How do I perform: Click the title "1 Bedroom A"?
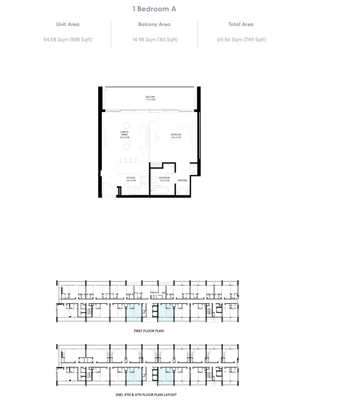pyautogui.click(x=154, y=9)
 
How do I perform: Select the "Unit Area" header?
pyautogui.click(x=68, y=24)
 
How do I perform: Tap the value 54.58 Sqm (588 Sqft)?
pyautogui.click(x=68, y=39)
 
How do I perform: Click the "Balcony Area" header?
pyautogui.click(x=154, y=24)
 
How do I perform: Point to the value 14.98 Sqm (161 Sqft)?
pyautogui.click(x=154, y=39)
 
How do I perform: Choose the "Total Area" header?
pyautogui.click(x=241, y=24)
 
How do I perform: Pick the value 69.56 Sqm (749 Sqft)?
pyautogui.click(x=241, y=39)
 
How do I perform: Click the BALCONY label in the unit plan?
pyautogui.click(x=150, y=98)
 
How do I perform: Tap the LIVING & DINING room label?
pyautogui.click(x=125, y=135)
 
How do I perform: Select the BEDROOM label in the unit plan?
pyautogui.click(x=176, y=135)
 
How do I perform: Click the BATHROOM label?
pyautogui.click(x=164, y=179)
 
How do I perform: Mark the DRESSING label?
pyautogui.click(x=183, y=181)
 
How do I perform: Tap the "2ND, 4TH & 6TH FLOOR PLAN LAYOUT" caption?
pyautogui.click(x=146, y=394)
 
